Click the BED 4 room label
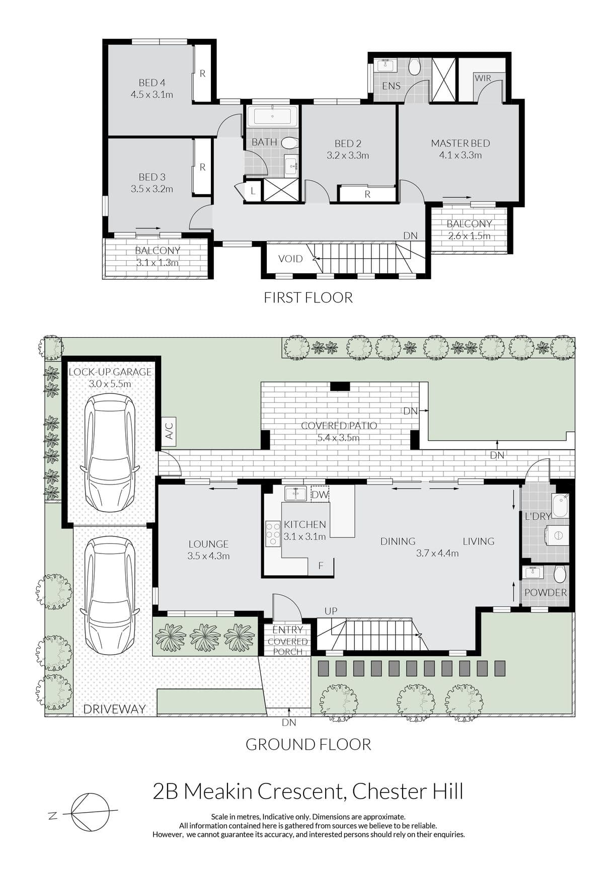tap(152, 83)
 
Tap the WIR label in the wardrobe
tap(483, 78)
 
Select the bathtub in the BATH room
tap(272, 116)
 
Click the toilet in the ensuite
tap(415, 66)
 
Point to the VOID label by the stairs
tap(290, 259)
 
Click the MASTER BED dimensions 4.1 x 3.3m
tap(460, 155)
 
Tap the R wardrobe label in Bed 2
tap(367, 194)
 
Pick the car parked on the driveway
tap(110, 595)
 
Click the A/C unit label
tap(169, 431)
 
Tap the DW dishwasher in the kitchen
tap(320, 494)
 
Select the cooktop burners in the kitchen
tap(273, 533)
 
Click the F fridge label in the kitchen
tap(321, 566)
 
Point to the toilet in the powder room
tap(560, 574)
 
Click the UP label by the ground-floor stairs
tap(331, 611)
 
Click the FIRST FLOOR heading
tap(308, 297)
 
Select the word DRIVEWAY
tap(114, 709)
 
